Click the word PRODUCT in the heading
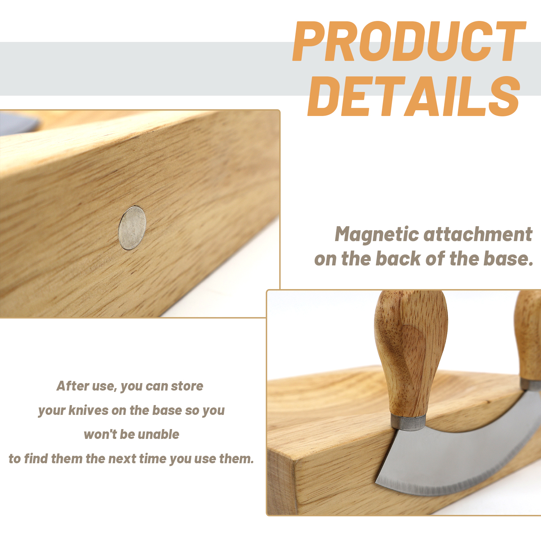pyautogui.click(x=409, y=41)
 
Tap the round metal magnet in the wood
pyautogui.click(x=132, y=228)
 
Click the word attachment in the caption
pyautogui.click(x=478, y=235)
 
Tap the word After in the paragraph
pyautogui.click(x=73, y=386)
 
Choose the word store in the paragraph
pyautogui.click(x=187, y=386)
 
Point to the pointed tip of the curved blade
pyautogui.click(x=376, y=482)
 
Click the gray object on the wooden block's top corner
pyautogui.click(x=19, y=123)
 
